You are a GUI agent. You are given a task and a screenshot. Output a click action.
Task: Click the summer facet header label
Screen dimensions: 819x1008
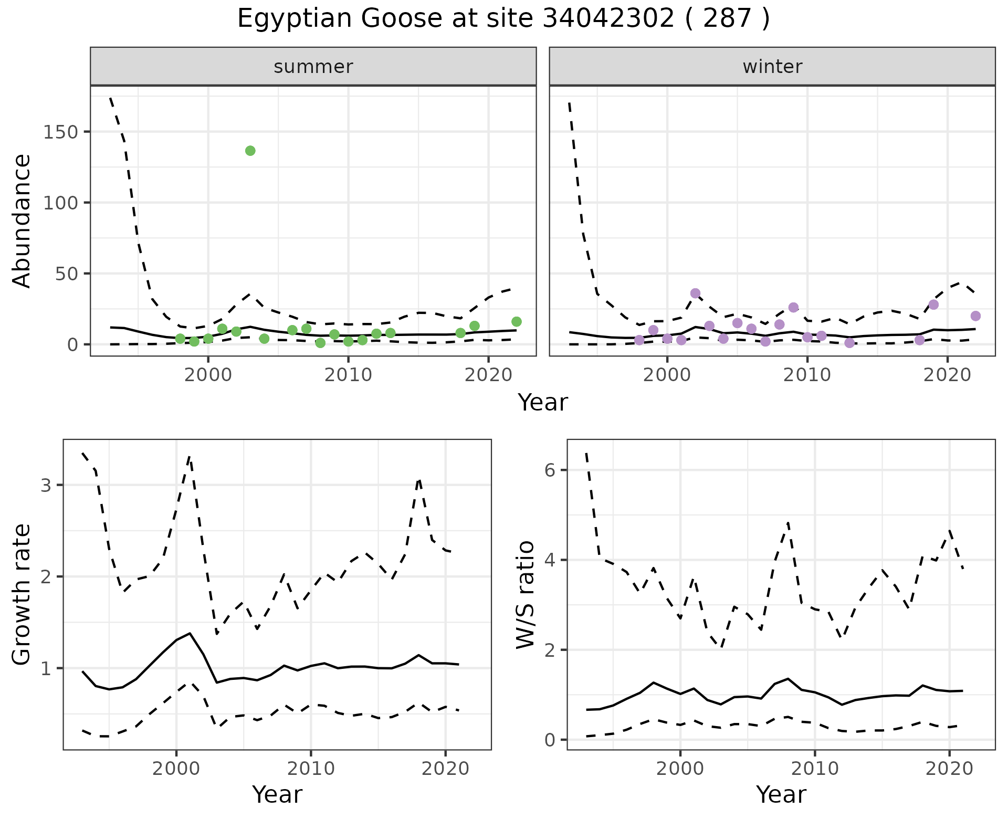point(313,67)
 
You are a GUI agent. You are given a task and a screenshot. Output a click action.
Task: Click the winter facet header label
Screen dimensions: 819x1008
point(772,67)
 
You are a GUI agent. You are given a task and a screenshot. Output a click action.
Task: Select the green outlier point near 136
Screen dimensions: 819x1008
point(250,151)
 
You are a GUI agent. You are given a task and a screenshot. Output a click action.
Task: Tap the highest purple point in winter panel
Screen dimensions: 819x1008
point(696,293)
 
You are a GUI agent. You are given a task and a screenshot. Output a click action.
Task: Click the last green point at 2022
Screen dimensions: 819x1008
point(517,322)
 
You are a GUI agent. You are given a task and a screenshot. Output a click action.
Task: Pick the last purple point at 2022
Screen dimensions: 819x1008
point(975,316)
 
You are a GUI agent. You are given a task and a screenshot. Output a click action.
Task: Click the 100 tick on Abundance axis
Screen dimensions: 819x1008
point(60,203)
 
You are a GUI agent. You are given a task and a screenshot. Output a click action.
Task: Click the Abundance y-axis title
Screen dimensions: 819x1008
point(22,221)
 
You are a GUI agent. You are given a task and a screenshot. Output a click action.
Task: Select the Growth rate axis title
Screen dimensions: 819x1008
point(22,594)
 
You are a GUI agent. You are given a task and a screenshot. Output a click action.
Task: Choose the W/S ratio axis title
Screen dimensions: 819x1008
point(526,594)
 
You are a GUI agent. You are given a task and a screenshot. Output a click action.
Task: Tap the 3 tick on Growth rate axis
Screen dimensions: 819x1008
point(46,485)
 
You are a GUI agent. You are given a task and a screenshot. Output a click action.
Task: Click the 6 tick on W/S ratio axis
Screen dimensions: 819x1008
point(550,470)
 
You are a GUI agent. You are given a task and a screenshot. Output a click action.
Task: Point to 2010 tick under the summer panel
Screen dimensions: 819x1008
point(348,375)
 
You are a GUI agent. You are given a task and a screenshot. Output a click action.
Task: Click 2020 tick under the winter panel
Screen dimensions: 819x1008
point(948,375)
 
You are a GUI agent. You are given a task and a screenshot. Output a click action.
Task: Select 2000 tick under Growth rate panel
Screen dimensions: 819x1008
point(176,769)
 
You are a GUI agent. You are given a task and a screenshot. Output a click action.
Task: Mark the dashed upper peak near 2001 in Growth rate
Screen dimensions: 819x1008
point(190,457)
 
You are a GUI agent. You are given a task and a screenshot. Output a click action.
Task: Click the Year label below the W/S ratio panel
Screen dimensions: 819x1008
point(781,795)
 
